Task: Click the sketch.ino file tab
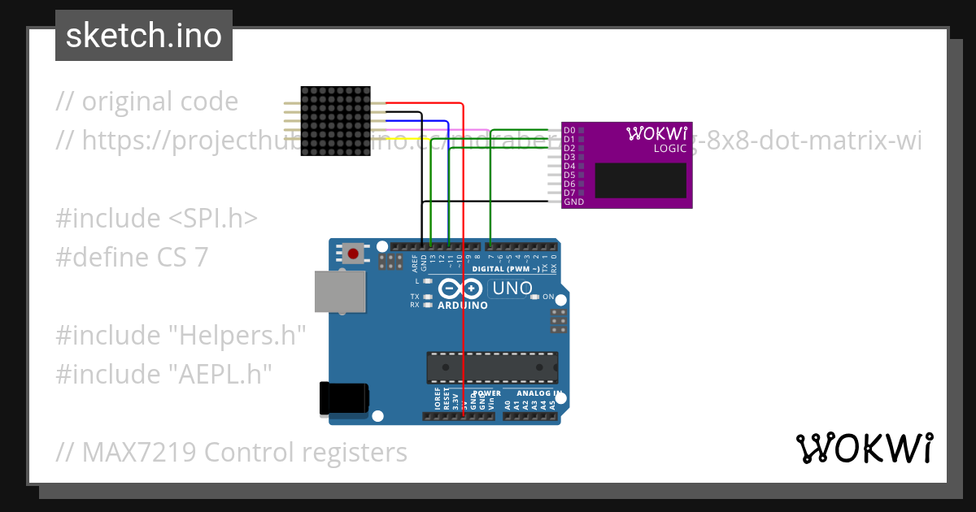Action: [143, 36]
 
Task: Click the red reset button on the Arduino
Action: [353, 254]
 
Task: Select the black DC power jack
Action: [344, 397]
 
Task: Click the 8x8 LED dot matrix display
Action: [335, 122]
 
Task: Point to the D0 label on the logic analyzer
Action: [569, 130]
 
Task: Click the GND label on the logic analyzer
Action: [573, 202]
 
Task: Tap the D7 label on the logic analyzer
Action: [569, 193]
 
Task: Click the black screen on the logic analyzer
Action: [641, 180]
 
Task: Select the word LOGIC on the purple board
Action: [670, 149]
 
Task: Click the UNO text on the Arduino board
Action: [512, 289]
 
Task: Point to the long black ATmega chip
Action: [492, 367]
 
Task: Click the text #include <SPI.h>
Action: [157, 219]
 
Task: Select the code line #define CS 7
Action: [132, 258]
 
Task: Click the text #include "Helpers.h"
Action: [181, 335]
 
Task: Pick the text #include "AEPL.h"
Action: [163, 374]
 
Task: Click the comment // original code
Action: [147, 102]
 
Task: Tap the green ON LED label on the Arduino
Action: [548, 297]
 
